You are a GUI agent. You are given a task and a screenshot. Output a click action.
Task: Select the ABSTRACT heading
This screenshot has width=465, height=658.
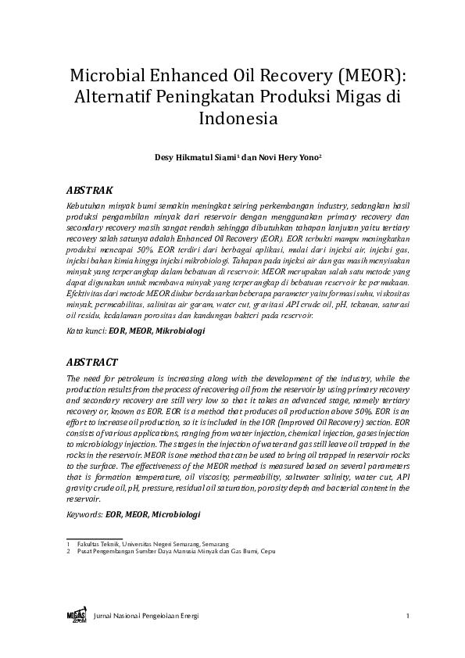coord(92,363)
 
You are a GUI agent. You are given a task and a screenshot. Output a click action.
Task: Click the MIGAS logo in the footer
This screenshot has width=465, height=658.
coord(76,616)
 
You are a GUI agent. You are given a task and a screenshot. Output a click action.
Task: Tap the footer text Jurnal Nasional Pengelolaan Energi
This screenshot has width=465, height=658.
coord(146,617)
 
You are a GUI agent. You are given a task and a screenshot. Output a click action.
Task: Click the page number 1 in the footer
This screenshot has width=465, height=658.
coord(407,617)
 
